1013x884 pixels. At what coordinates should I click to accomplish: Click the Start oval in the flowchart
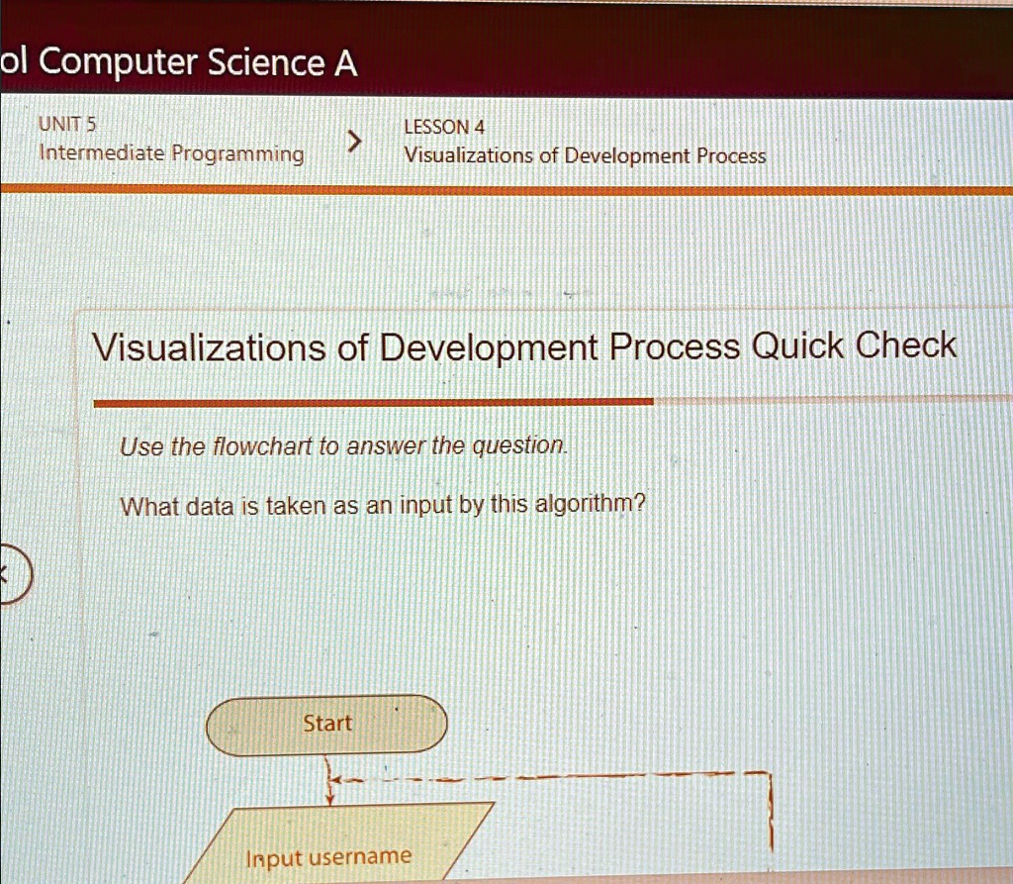pos(326,725)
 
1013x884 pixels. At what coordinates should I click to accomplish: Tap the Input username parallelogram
pos(336,842)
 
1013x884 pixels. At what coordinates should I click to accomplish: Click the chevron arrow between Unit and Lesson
pos(353,140)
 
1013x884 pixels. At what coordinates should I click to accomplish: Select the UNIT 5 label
pos(66,124)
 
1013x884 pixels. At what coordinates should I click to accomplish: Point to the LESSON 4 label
pos(444,127)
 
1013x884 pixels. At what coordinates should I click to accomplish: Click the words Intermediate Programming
pos(171,153)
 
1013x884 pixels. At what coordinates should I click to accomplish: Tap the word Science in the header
pos(266,62)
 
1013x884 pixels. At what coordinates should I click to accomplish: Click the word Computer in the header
pos(118,62)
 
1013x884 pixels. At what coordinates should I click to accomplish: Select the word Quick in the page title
pos(797,345)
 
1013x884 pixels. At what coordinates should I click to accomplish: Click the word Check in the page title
pos(906,344)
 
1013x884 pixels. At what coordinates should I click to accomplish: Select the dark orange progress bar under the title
pos(373,402)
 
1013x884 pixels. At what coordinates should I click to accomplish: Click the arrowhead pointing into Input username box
pos(329,800)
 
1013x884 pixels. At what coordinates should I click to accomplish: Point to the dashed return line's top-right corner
pos(770,773)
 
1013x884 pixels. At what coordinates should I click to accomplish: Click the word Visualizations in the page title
pos(209,347)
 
